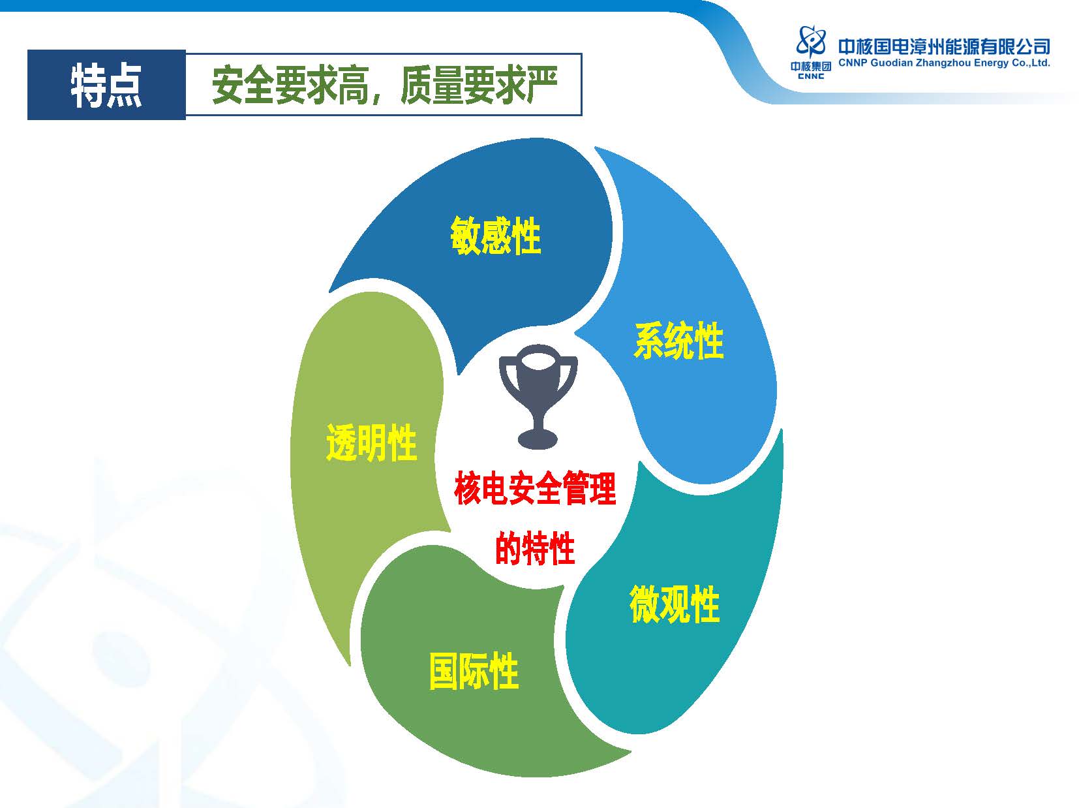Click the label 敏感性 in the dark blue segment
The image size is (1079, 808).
point(496,236)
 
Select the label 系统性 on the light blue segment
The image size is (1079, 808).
point(679,340)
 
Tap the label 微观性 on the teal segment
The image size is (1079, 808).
point(675,604)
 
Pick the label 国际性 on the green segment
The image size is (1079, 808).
point(474,671)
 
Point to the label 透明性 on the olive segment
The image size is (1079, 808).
point(372,443)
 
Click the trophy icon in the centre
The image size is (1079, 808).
point(538,396)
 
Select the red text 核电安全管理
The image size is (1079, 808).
point(535,488)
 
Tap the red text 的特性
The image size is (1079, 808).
point(535,548)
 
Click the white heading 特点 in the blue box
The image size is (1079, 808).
point(106,85)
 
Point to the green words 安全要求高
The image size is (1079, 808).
point(290,85)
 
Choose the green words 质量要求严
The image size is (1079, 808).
point(479,85)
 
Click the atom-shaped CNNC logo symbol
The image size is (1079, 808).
point(811,41)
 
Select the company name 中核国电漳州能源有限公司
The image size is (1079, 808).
point(945,47)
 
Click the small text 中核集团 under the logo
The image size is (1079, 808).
point(811,66)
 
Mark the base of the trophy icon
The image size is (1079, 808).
point(538,439)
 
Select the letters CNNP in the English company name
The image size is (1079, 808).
point(853,63)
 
